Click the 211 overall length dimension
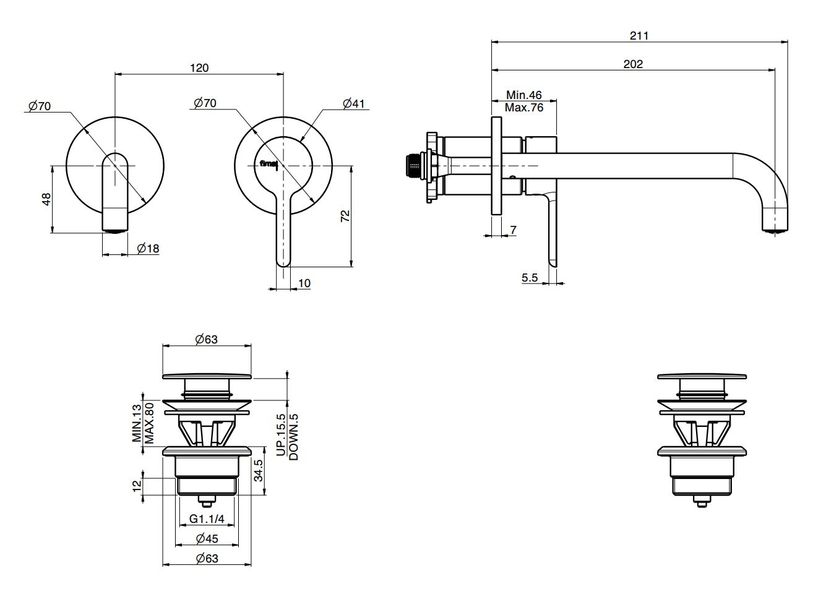639,36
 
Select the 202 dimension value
633,64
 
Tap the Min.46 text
523,95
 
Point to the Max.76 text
523,107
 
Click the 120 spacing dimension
199,67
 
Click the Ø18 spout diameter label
148,248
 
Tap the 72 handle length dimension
345,216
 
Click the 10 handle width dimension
304,283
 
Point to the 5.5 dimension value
530,278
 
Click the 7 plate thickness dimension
513,230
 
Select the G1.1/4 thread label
207,519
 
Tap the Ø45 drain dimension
207,538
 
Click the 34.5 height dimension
259,470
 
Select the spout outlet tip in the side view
775,230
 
